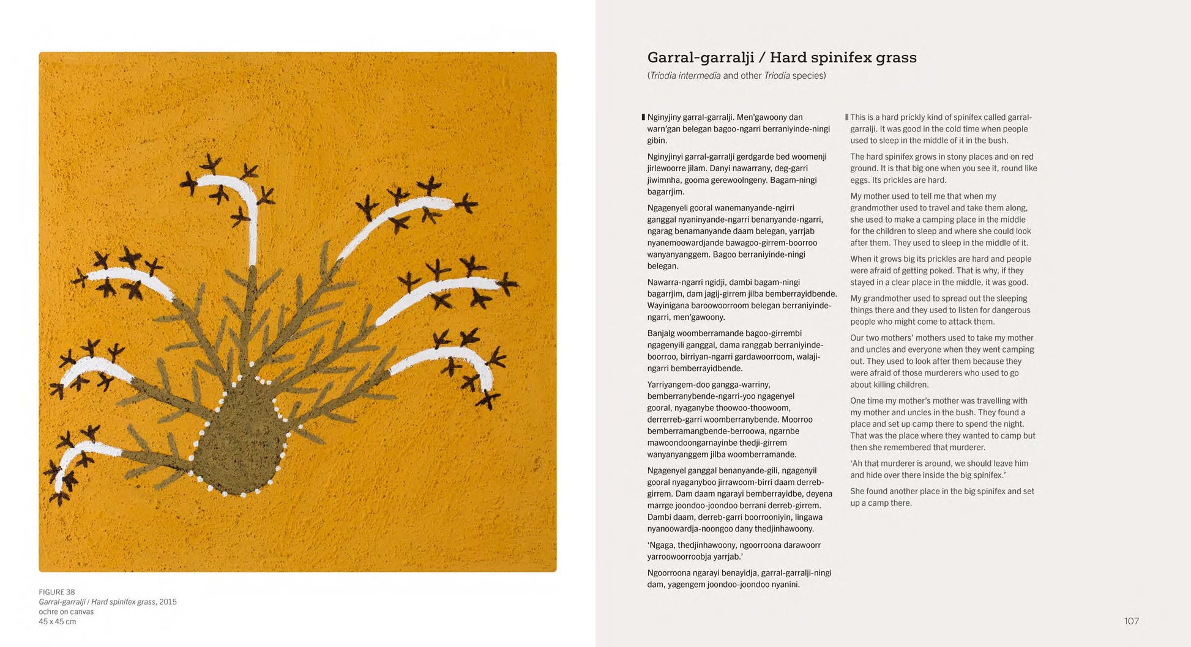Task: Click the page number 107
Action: (1131, 621)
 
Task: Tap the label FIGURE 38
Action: (57, 592)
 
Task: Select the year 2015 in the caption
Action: (168, 602)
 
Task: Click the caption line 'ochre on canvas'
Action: (66, 612)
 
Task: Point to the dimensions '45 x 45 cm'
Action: (58, 621)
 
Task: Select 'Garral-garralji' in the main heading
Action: (700, 57)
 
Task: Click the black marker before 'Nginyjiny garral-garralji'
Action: (643, 117)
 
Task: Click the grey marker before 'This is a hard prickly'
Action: (846, 117)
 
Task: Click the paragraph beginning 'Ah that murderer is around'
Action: (939, 469)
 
